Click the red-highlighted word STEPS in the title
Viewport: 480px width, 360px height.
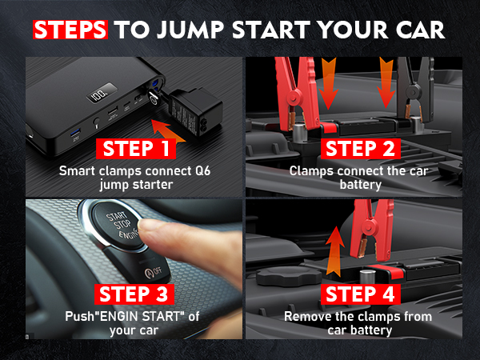[x=70, y=30]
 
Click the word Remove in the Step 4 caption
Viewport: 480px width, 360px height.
[x=306, y=316]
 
